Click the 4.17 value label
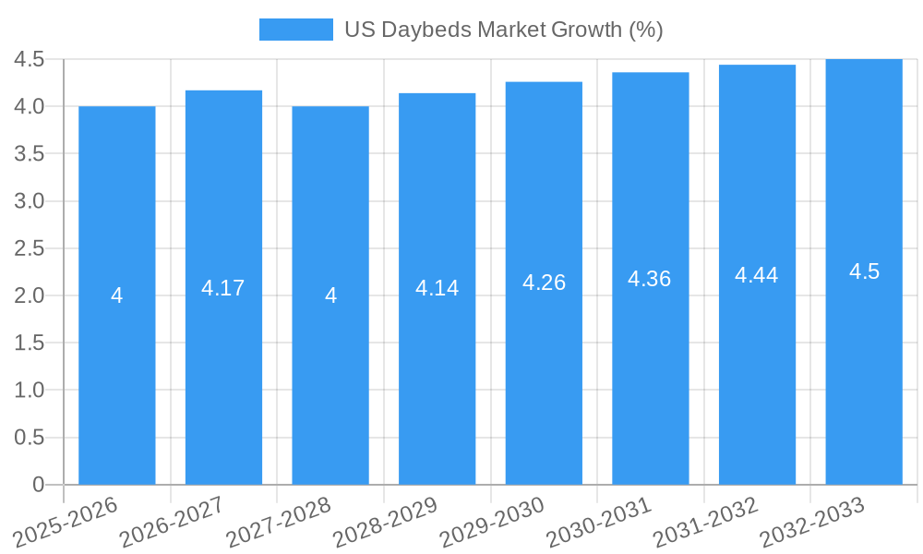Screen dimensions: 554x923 (223, 288)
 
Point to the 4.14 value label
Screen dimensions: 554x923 (437, 288)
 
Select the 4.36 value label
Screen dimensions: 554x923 (650, 279)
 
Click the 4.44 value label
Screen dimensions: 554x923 (757, 275)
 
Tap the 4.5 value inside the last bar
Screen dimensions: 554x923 (864, 271)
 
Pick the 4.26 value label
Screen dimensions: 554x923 (544, 283)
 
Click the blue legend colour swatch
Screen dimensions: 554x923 (295, 30)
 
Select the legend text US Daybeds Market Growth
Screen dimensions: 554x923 (504, 30)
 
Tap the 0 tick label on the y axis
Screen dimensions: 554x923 (38, 485)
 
